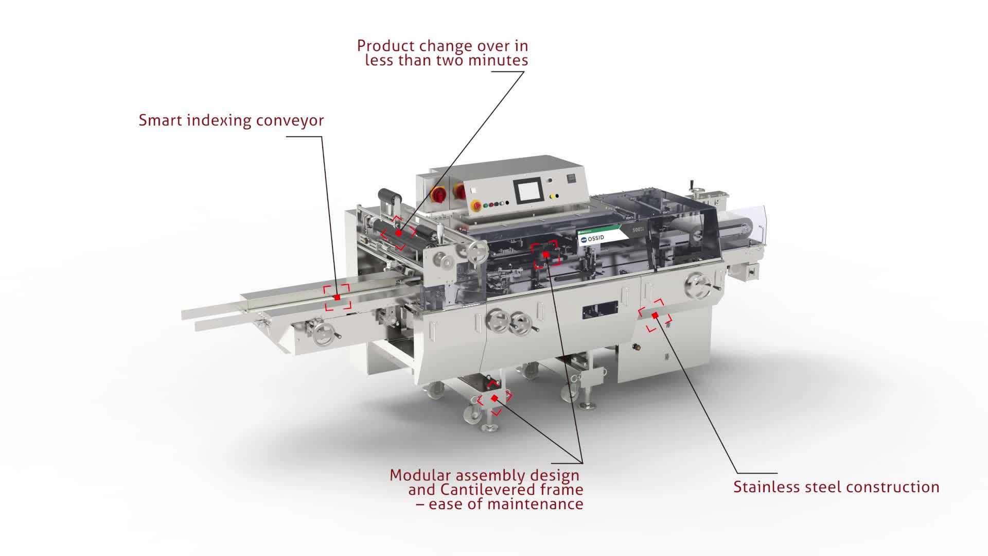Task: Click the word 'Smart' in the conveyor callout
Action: [160, 120]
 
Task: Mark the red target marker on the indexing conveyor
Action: [337, 298]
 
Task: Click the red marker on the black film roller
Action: [398, 233]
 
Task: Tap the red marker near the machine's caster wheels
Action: [495, 398]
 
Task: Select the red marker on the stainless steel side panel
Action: [655, 315]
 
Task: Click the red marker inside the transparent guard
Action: [545, 254]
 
